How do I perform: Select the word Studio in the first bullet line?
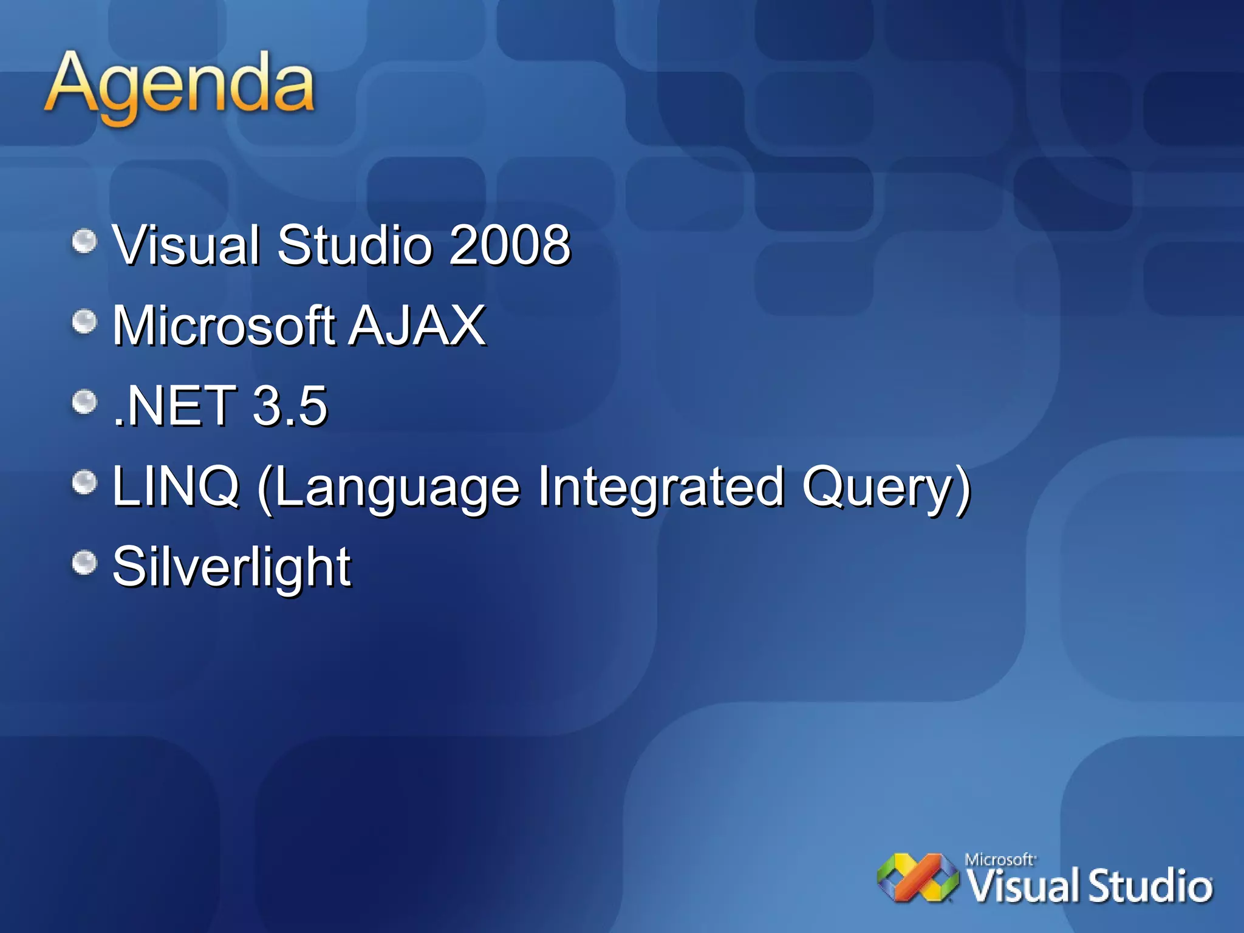click(x=355, y=245)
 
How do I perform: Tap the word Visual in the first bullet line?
click(x=186, y=245)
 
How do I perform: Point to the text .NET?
click(x=175, y=406)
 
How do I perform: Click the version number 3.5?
click(x=290, y=406)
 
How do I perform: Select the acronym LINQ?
click(x=176, y=486)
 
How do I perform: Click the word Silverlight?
click(x=231, y=567)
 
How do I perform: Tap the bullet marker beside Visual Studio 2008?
click(x=84, y=241)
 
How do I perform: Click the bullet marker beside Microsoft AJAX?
click(x=84, y=321)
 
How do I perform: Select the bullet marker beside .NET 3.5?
click(x=84, y=402)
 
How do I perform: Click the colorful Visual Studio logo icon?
click(x=917, y=878)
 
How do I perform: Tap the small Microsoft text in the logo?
click(x=999, y=859)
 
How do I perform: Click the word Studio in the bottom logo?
click(x=1150, y=886)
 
